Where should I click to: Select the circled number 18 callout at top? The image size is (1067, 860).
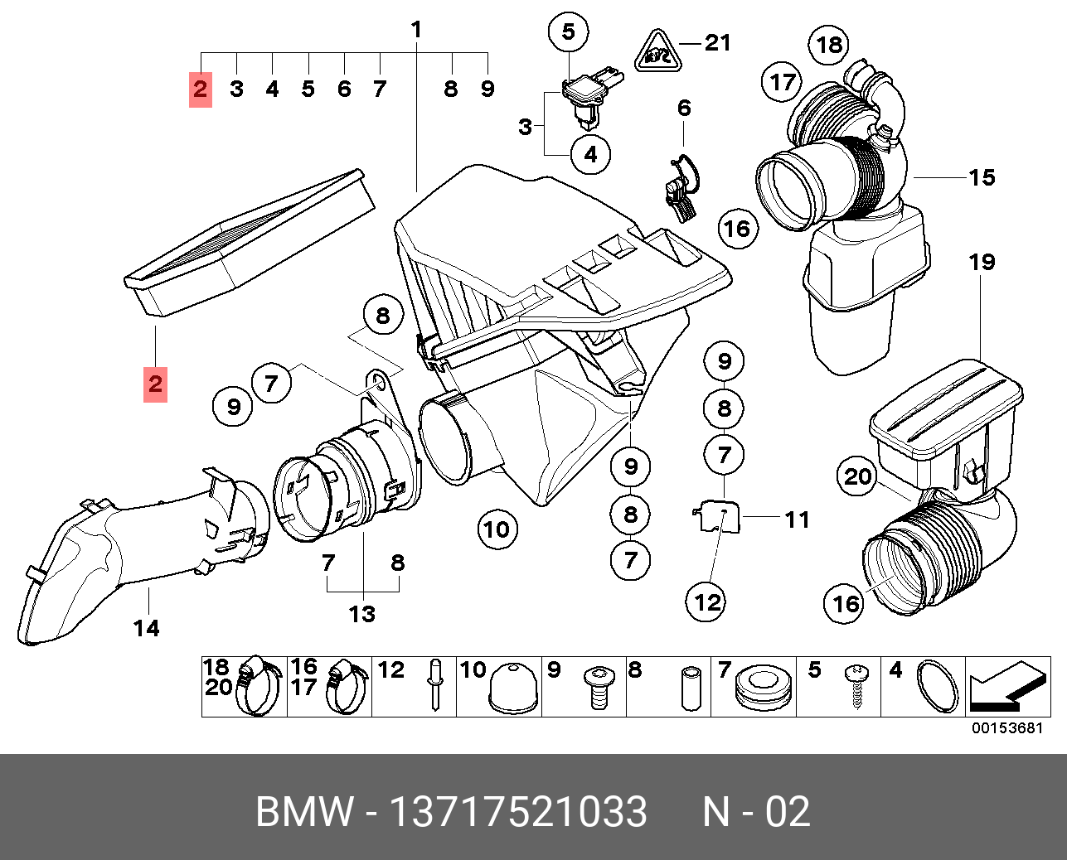pos(830,45)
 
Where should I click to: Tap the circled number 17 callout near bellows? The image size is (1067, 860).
pos(782,81)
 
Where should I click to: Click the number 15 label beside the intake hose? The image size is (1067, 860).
pos(982,177)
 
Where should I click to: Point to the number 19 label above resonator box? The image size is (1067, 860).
pos(982,263)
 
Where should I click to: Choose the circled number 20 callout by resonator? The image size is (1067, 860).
pos(858,476)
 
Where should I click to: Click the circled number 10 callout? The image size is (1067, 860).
pos(497,529)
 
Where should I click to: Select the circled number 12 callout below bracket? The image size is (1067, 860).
pos(707,602)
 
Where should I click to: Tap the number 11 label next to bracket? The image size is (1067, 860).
pos(797,519)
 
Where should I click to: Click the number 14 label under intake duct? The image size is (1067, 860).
pos(146,629)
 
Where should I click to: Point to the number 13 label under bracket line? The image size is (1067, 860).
pos(362,614)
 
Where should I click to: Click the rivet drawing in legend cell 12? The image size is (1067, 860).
pos(435,685)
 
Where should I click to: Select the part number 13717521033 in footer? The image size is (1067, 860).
pos(518,811)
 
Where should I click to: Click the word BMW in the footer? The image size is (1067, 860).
pos(304,811)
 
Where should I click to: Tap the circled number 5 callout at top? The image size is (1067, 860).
pos(568,32)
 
